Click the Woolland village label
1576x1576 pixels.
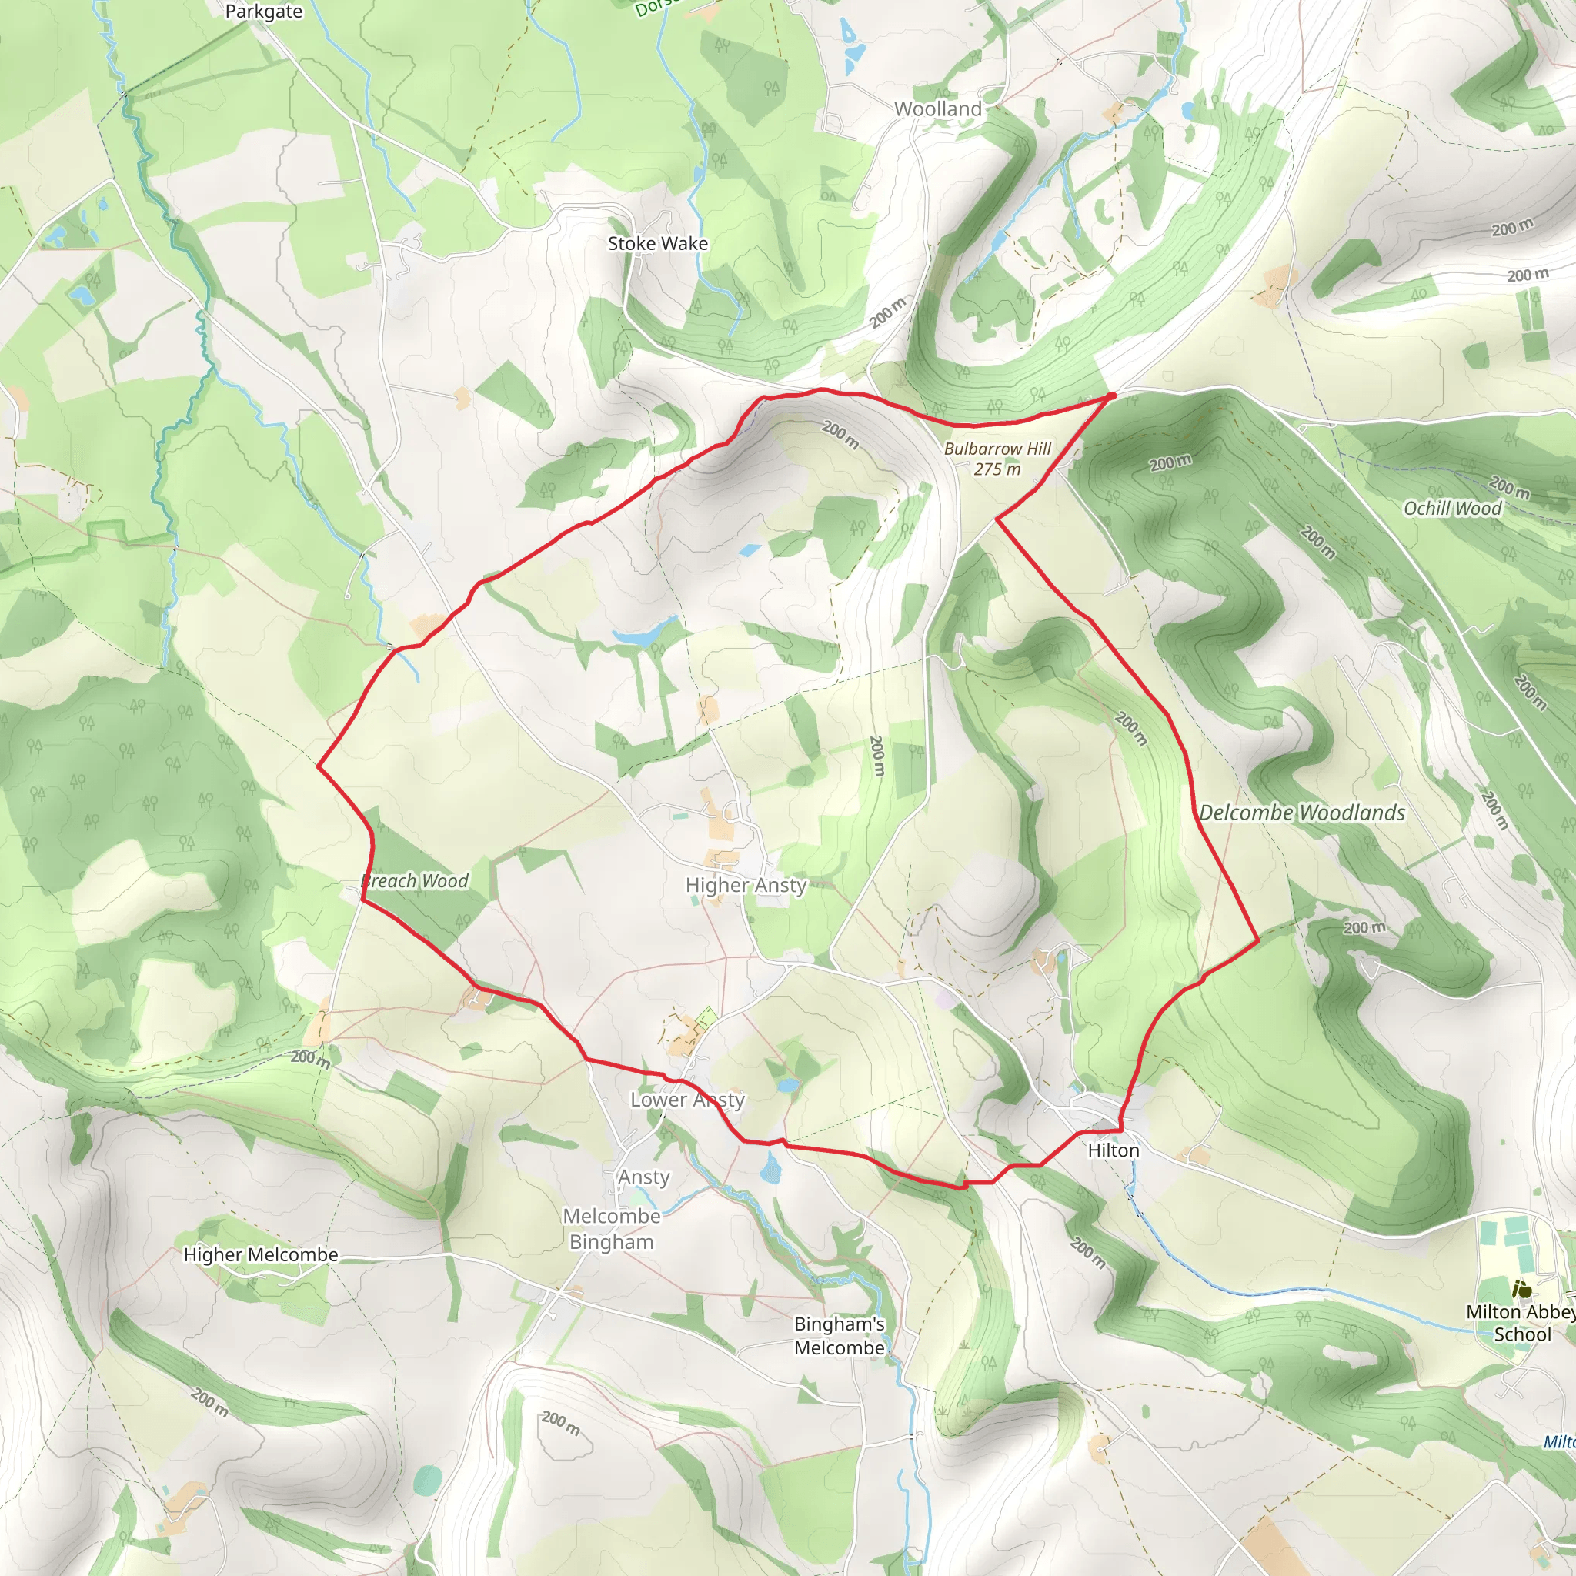[937, 109]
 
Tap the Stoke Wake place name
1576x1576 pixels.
[657, 243]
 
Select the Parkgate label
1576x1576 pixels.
[263, 12]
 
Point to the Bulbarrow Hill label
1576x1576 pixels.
[997, 449]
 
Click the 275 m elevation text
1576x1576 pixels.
[997, 469]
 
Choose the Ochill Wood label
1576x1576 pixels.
[1452, 508]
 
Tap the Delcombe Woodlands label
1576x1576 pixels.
[1302, 813]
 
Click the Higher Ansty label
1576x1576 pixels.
[746, 885]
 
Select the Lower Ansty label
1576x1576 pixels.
[688, 1100]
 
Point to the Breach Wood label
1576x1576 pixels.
[416, 881]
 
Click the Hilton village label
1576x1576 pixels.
[1114, 1150]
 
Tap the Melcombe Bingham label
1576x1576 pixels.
[612, 1228]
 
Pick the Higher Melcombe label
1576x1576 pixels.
[261, 1254]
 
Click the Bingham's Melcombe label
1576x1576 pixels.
[840, 1335]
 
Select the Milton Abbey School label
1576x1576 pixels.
[1520, 1323]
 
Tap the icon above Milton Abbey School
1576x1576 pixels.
[1521, 1290]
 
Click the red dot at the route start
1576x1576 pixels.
[1111, 396]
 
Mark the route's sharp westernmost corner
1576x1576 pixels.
[318, 766]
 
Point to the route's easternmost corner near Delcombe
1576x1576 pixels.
[1259, 940]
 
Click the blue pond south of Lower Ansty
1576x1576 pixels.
[771, 1172]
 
